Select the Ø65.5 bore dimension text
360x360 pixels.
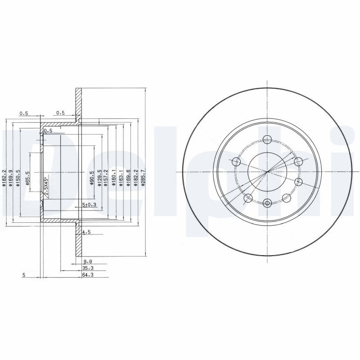[28, 178]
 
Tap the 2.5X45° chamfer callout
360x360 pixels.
[46, 185]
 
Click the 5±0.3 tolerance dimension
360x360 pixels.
[90, 205]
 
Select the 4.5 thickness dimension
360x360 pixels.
[87, 233]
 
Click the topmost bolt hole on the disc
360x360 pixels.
[268, 139]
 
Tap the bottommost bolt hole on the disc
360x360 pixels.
[268, 203]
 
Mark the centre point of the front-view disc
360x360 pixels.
[268, 171]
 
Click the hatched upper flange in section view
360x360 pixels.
[78, 103]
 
